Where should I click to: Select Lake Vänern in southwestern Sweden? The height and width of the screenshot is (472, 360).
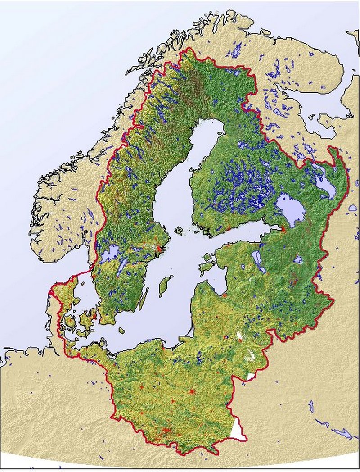108,254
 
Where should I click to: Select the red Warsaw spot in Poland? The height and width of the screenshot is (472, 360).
193,391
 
